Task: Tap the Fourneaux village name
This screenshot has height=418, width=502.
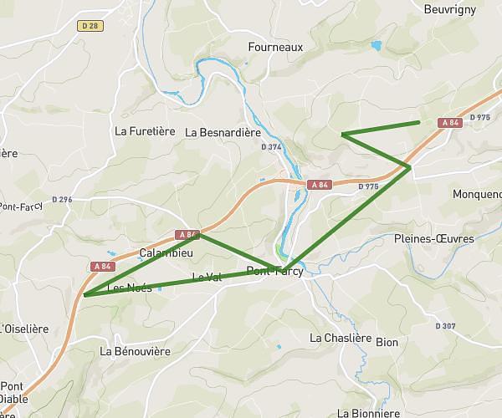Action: point(275,48)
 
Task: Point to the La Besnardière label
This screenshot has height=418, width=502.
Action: point(223,132)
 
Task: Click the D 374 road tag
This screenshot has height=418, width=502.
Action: point(271,147)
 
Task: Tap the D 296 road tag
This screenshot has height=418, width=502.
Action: point(62,199)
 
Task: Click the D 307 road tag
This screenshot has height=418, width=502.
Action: point(446,326)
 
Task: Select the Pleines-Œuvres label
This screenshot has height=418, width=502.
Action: point(433,238)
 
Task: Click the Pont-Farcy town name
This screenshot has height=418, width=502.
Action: point(274,271)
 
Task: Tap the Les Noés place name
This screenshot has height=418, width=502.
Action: point(129,288)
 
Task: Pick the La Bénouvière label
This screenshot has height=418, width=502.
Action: point(135,351)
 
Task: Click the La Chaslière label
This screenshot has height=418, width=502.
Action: point(341,338)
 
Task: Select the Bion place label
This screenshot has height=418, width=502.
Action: point(387,342)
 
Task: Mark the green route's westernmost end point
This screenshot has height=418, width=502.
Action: point(85,294)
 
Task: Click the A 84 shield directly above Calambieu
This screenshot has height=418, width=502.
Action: point(187,234)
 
